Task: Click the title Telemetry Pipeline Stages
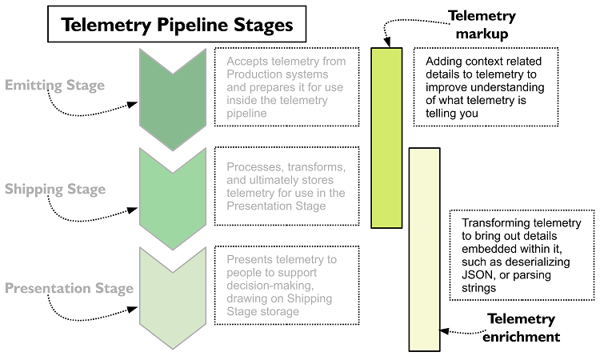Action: coord(178,25)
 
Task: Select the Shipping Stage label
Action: coord(55,190)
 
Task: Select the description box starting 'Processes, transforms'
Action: coord(285,186)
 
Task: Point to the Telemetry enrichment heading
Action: coord(521,328)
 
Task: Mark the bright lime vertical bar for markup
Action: coord(387,138)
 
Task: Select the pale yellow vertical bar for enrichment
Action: coord(424,248)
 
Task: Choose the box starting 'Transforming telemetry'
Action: coord(522,255)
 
